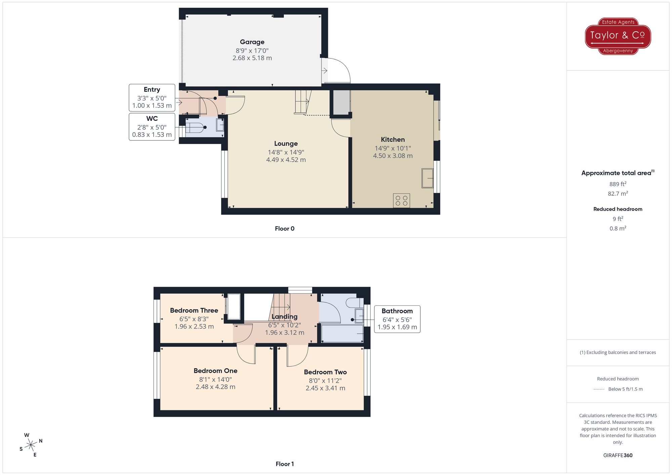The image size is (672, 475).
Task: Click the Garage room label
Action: pyautogui.click(x=252, y=42)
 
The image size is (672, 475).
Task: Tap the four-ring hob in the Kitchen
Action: pyautogui.click(x=402, y=201)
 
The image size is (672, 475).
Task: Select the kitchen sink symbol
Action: pyautogui.click(x=427, y=178)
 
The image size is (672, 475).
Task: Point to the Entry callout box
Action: pyautogui.click(x=152, y=98)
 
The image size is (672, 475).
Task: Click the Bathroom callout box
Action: pyautogui.click(x=397, y=319)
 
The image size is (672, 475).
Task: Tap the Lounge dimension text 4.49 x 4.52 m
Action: pyautogui.click(x=286, y=160)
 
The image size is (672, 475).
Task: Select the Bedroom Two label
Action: pyautogui.click(x=325, y=372)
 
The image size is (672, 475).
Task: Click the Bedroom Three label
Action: pyautogui.click(x=194, y=311)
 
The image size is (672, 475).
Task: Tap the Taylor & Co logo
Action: pyautogui.click(x=618, y=36)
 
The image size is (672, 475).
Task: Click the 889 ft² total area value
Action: pyautogui.click(x=618, y=184)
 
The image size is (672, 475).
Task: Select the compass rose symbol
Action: pyautogui.click(x=31, y=445)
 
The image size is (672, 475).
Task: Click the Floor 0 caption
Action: pyautogui.click(x=285, y=229)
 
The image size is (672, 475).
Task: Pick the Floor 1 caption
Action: pyautogui.click(x=285, y=464)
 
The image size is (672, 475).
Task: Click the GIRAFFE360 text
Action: pyautogui.click(x=618, y=455)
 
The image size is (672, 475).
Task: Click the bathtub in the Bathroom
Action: pyautogui.click(x=342, y=333)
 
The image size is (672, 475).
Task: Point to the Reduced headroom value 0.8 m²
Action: pyautogui.click(x=618, y=228)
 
